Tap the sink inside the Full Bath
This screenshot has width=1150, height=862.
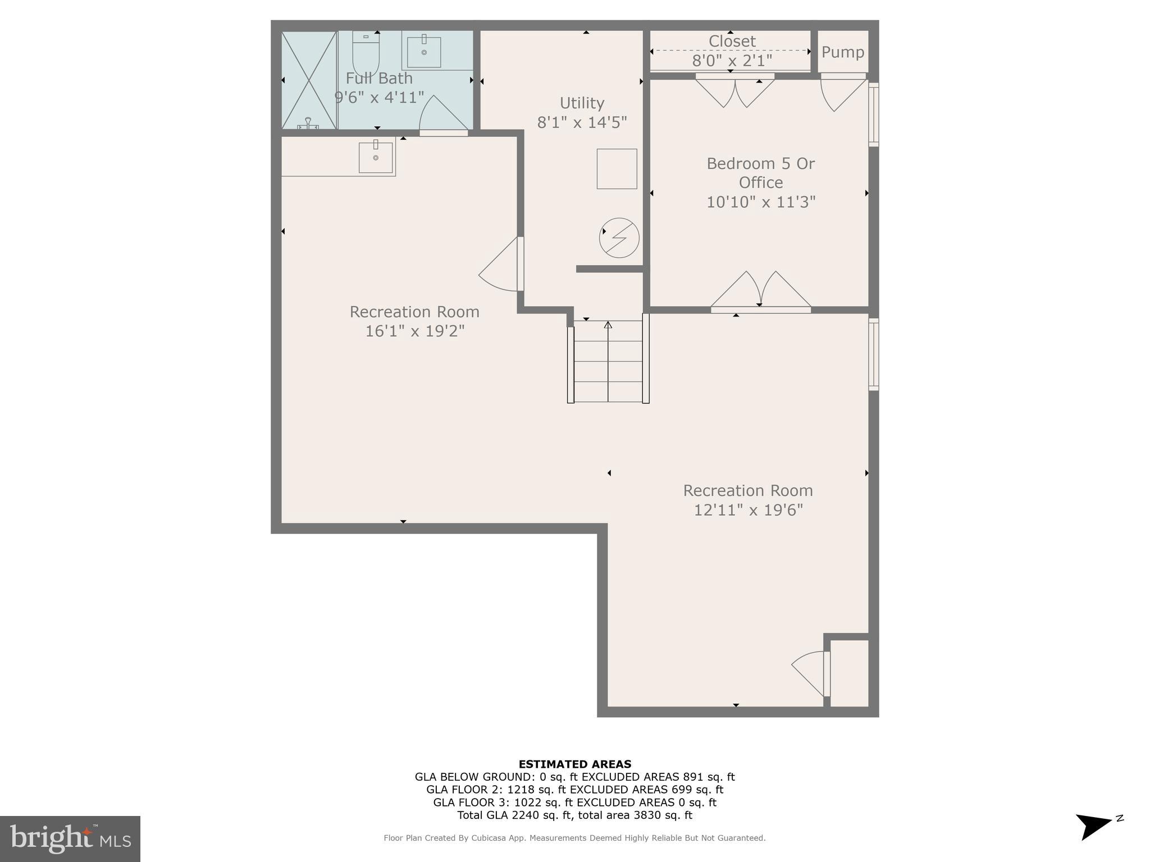(424, 52)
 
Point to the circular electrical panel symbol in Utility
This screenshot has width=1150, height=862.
(619, 238)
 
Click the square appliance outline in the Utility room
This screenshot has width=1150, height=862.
(617, 168)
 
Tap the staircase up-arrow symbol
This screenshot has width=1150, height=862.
(608, 325)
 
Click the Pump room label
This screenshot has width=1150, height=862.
(842, 52)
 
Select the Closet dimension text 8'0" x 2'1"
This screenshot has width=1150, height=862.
(732, 60)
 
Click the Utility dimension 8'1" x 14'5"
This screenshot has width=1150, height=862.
(582, 122)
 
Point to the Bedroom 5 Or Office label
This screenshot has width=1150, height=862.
(760, 173)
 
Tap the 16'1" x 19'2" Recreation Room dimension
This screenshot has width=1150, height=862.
(414, 331)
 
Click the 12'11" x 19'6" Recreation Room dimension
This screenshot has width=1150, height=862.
(748, 510)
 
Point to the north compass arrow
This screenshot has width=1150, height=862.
(1095, 826)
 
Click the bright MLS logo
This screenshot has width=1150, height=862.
(70, 838)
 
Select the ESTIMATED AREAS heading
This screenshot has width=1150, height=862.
(574, 764)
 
